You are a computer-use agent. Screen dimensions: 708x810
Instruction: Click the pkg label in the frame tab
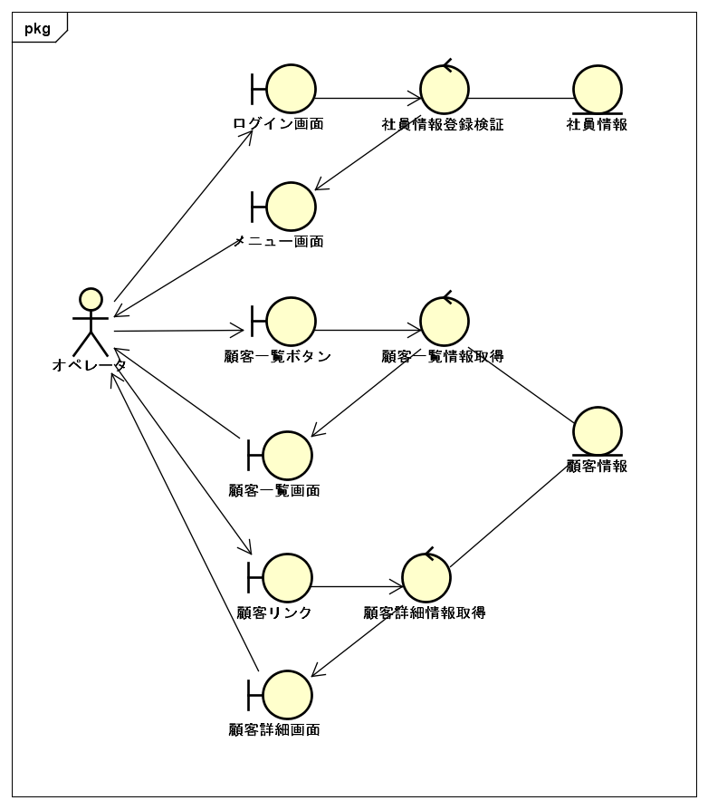pyautogui.click(x=38, y=29)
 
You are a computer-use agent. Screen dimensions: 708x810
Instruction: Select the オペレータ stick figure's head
pyautogui.click(x=91, y=299)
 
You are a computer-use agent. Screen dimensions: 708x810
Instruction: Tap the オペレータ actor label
pyautogui.click(x=90, y=365)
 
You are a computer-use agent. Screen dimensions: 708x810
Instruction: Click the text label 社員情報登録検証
pyautogui.click(x=443, y=124)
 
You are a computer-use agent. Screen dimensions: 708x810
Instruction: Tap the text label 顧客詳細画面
pyautogui.click(x=274, y=730)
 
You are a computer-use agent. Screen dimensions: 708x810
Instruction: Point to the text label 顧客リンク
pyautogui.click(x=274, y=612)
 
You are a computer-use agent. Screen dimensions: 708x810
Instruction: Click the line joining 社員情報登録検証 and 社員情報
pyautogui.click(x=521, y=98)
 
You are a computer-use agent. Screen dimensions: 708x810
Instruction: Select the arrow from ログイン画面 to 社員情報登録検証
pyautogui.click(x=368, y=98)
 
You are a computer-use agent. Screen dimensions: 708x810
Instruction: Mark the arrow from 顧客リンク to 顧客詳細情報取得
pyautogui.click(x=358, y=587)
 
